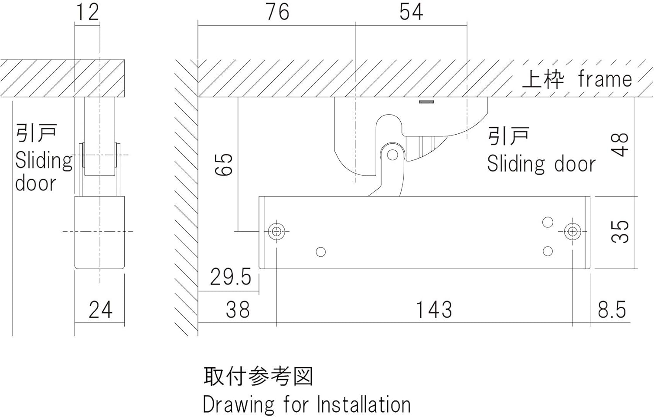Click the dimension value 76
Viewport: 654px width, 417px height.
coord(277,12)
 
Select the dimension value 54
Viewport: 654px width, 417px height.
coord(411,12)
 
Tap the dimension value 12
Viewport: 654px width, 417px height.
coord(88,12)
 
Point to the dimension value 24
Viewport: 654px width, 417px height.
coord(100,310)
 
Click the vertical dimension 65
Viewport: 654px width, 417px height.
coord(225,164)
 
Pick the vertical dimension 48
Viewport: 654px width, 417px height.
coord(620,145)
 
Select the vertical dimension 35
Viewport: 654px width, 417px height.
coord(620,231)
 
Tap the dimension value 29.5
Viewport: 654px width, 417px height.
coord(231,277)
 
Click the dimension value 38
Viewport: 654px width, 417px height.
coord(238,310)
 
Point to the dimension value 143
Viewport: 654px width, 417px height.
coord(434,310)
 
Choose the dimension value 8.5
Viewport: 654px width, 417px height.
coord(612,310)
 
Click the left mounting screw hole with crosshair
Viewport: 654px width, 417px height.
coord(276,231)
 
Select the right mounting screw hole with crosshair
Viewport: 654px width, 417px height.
coord(572,231)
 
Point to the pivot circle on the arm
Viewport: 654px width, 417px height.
coord(392,155)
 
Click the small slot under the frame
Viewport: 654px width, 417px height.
coord(426,102)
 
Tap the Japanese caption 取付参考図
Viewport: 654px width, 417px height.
coord(258,376)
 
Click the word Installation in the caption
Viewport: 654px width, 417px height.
coord(364,405)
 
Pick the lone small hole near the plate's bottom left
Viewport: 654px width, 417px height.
coord(320,252)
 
